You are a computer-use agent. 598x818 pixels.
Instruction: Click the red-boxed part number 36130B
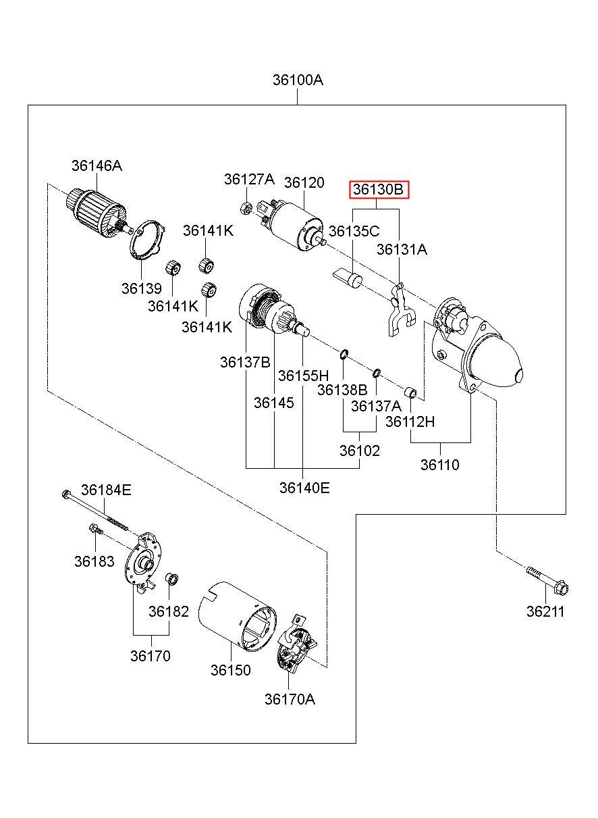(x=379, y=190)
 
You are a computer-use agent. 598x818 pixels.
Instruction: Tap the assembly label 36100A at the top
(x=298, y=80)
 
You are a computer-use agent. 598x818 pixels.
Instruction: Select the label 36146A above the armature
(x=97, y=165)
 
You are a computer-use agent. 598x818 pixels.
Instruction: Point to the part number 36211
(x=545, y=612)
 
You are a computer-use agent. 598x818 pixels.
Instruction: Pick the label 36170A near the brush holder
(x=289, y=699)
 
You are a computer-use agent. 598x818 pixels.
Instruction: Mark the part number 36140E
(x=304, y=488)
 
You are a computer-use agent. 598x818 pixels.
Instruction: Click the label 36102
(x=360, y=451)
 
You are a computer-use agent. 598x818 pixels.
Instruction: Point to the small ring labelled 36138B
(x=344, y=353)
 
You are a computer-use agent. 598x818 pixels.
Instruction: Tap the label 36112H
(x=410, y=422)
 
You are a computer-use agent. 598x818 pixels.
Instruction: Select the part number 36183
(x=94, y=561)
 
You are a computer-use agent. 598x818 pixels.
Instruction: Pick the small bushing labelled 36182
(x=171, y=578)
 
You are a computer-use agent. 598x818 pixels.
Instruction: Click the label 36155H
(x=303, y=376)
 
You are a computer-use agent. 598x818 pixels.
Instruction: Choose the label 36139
(x=142, y=288)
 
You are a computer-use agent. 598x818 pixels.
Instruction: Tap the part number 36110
(x=439, y=465)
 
